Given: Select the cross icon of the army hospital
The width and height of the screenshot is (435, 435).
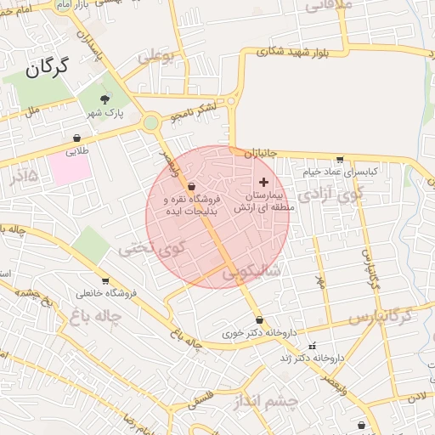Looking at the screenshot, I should (x=263, y=182).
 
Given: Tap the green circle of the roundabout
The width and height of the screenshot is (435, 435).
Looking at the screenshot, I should (x=151, y=123).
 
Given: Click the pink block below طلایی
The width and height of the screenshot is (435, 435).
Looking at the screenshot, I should (x=70, y=167).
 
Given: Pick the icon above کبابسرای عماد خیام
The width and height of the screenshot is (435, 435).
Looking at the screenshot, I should (x=340, y=159).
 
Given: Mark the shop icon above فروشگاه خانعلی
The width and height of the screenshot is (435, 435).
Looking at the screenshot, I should (x=105, y=281).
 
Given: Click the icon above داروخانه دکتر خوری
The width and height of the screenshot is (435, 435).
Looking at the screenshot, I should (x=259, y=320).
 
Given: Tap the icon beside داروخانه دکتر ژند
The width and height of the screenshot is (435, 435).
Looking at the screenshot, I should (x=312, y=346).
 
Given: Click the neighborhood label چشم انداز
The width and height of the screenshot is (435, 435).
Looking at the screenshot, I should (x=269, y=399).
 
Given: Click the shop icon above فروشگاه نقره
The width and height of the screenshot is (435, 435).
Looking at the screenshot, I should (x=191, y=186).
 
